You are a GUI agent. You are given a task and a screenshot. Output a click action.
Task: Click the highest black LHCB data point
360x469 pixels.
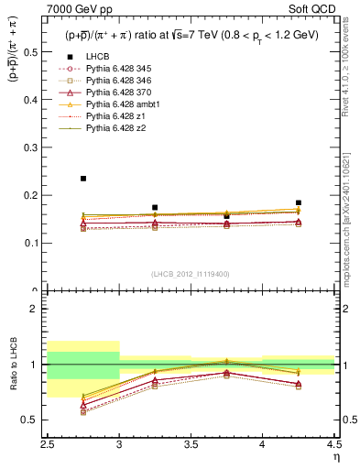[83, 179]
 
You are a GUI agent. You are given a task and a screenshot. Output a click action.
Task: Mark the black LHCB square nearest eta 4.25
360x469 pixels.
[299, 202]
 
